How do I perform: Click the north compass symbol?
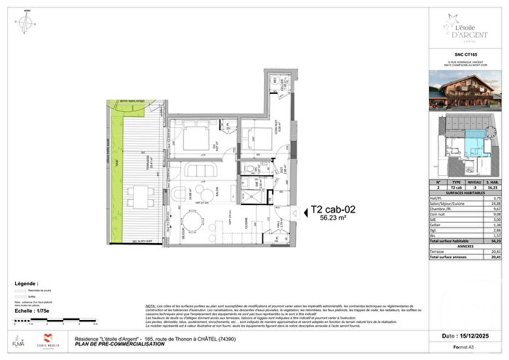coord(26,23)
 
